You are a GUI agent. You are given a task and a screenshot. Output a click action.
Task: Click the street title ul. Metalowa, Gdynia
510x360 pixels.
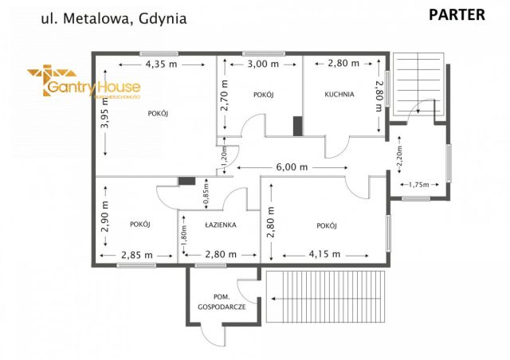pos(113,17)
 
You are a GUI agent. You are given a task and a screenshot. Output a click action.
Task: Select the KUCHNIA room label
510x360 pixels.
pos(339,94)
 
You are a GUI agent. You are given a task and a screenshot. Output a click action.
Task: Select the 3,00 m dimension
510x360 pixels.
pos(262,64)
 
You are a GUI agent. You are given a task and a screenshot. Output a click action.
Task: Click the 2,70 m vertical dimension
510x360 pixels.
pos(226,94)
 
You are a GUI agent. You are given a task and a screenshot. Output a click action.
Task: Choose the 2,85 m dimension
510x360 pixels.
pos(137,254)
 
